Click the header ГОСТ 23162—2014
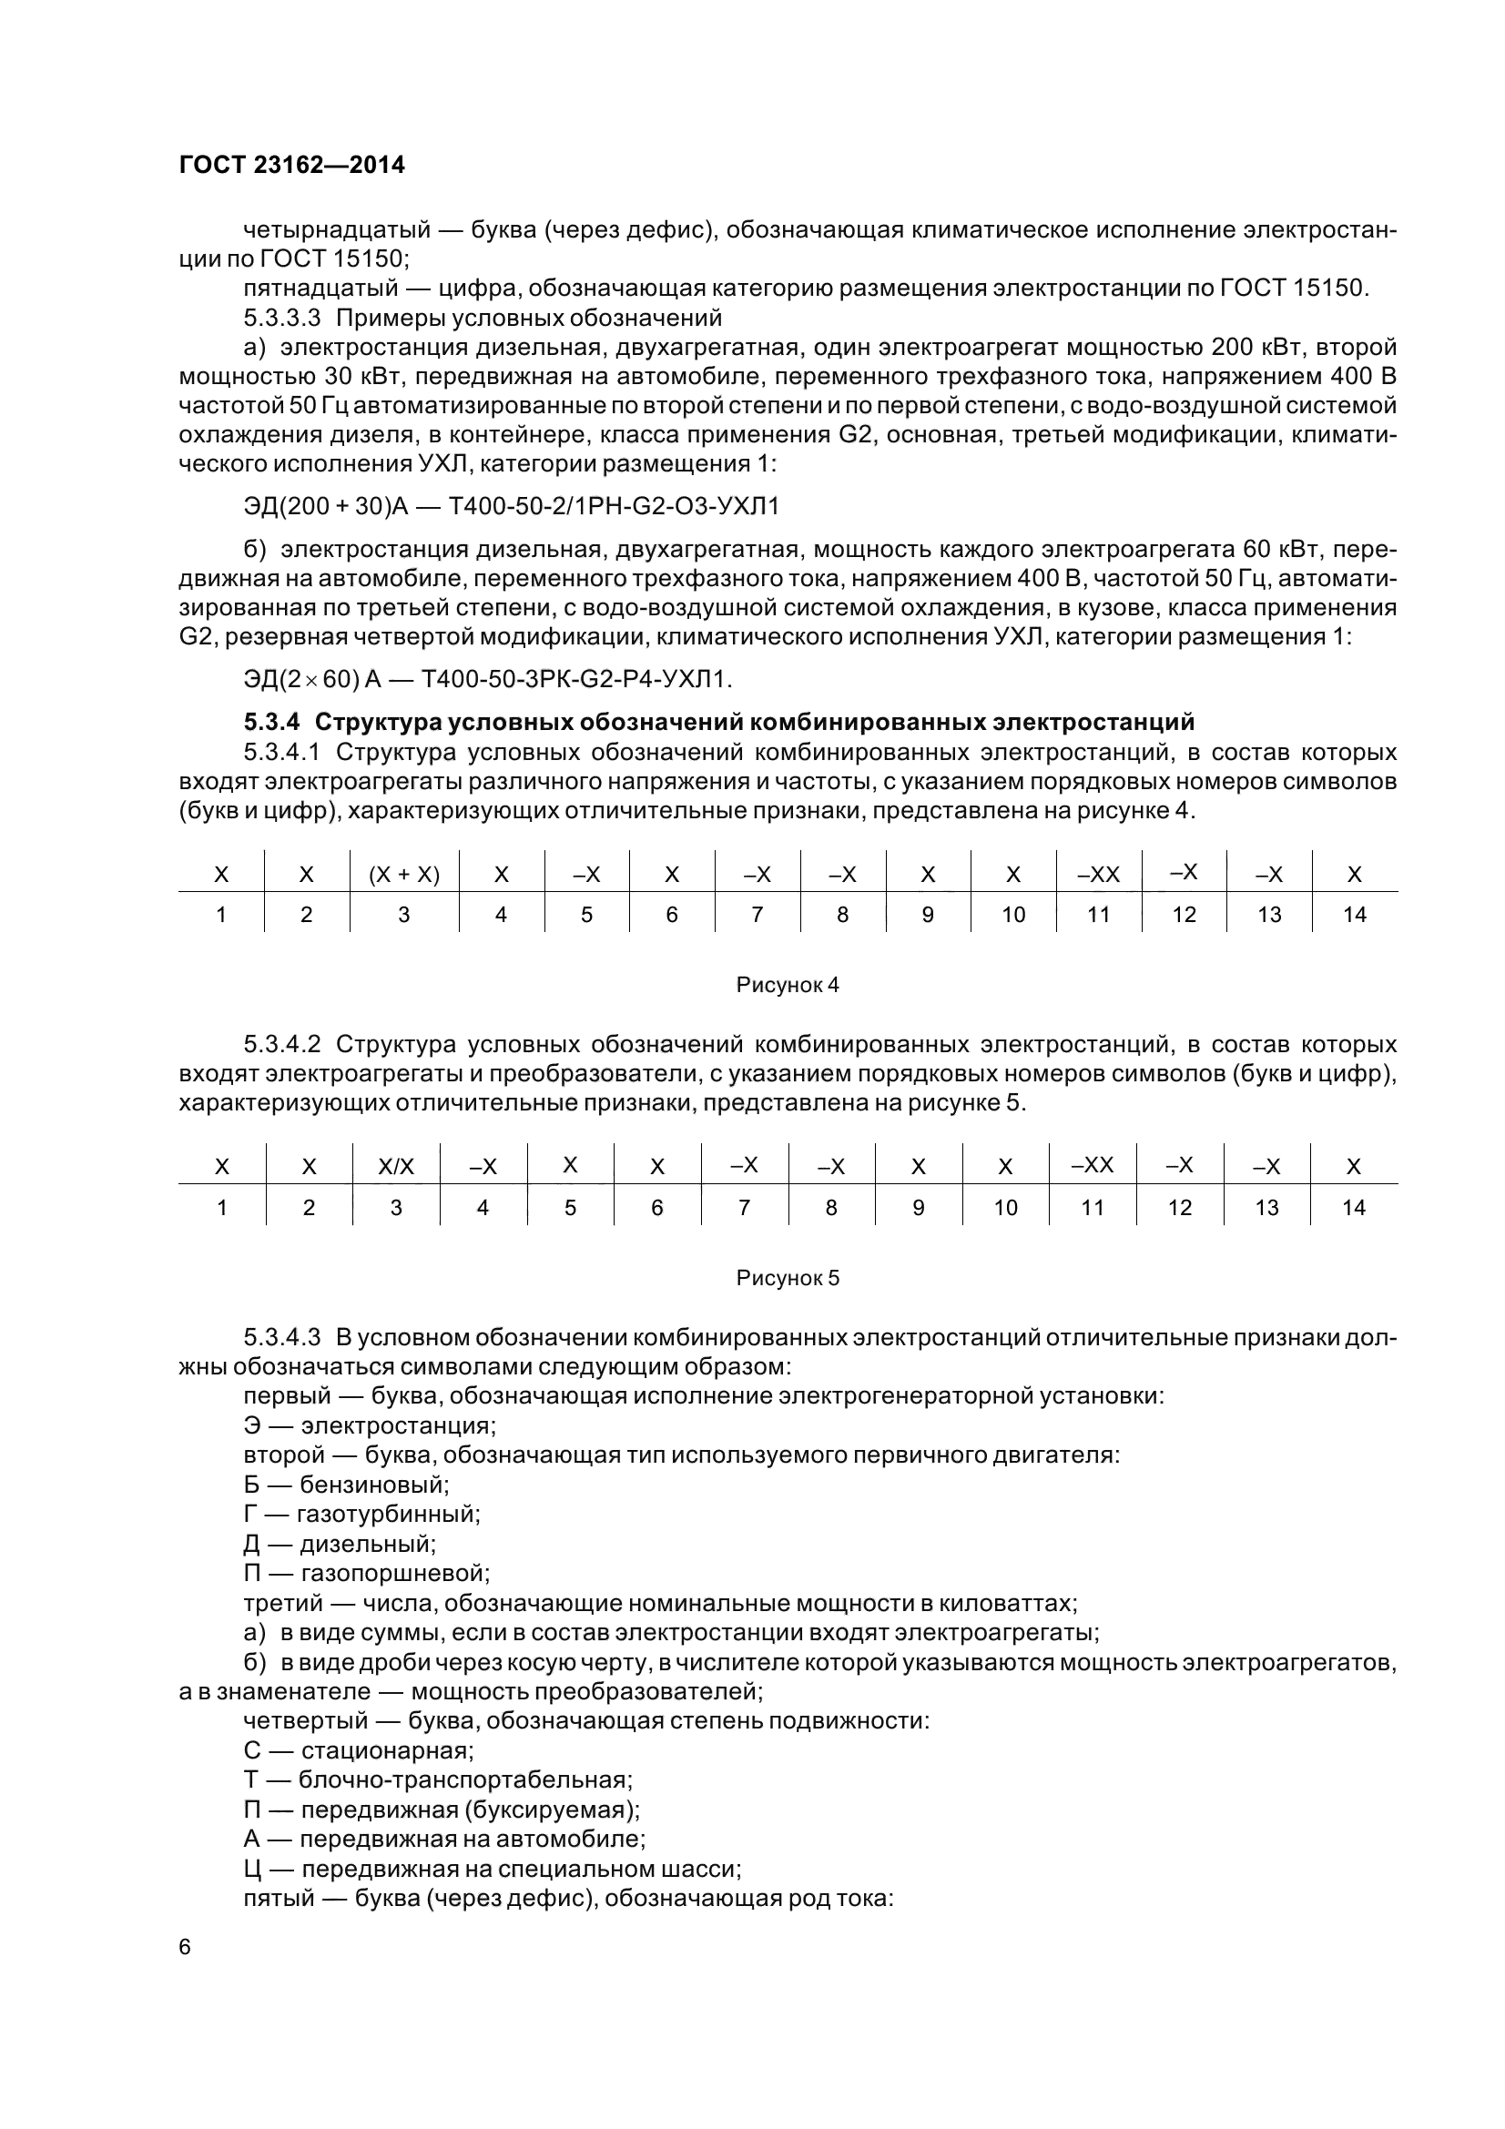pyautogui.click(x=291, y=165)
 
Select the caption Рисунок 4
pyautogui.click(x=787, y=985)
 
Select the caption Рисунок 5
pyautogui.click(x=787, y=1278)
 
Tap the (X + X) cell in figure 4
pyautogui.click(x=403, y=875)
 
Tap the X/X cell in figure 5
pyautogui.click(x=396, y=1167)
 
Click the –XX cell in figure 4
pyautogui.click(x=1098, y=875)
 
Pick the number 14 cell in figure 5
pyautogui.click(x=1353, y=1207)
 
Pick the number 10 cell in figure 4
pyautogui.click(x=1012, y=915)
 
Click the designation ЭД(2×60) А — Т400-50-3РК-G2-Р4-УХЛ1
pyautogui.click(x=488, y=680)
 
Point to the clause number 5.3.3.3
pyautogui.click(x=282, y=318)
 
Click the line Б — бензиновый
pyautogui.click(x=346, y=1485)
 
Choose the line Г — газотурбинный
pyautogui.click(x=361, y=1515)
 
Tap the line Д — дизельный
pyautogui.click(x=340, y=1544)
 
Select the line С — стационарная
pyautogui.click(x=359, y=1750)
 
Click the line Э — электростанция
pyautogui.click(x=370, y=1425)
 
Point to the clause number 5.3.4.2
pyautogui.click(x=282, y=1044)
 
